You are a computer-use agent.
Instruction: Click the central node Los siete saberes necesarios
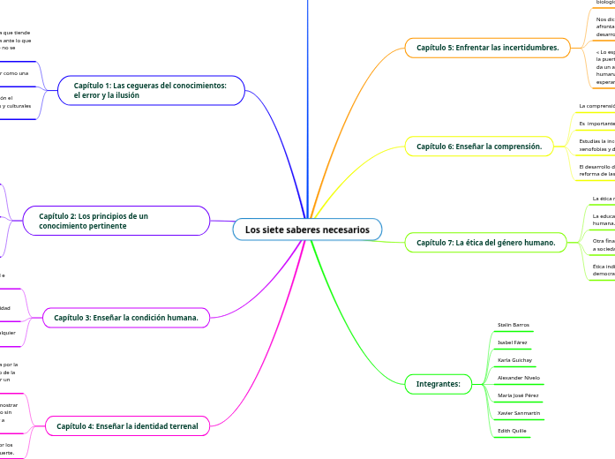(x=307, y=229)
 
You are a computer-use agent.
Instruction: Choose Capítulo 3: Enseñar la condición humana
(x=125, y=317)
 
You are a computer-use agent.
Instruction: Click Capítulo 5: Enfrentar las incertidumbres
(x=487, y=48)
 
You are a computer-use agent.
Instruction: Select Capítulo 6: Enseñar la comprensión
(x=478, y=146)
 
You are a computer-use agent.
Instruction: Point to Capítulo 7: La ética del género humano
(x=485, y=242)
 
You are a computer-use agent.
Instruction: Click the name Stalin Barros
(x=513, y=325)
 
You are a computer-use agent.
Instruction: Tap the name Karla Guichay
(x=514, y=360)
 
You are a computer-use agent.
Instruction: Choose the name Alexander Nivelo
(x=519, y=377)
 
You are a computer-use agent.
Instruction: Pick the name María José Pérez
(x=518, y=395)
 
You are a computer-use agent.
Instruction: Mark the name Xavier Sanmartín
(x=519, y=412)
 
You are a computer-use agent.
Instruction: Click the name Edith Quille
(x=512, y=430)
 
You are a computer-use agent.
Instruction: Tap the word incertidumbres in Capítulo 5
(x=529, y=48)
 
